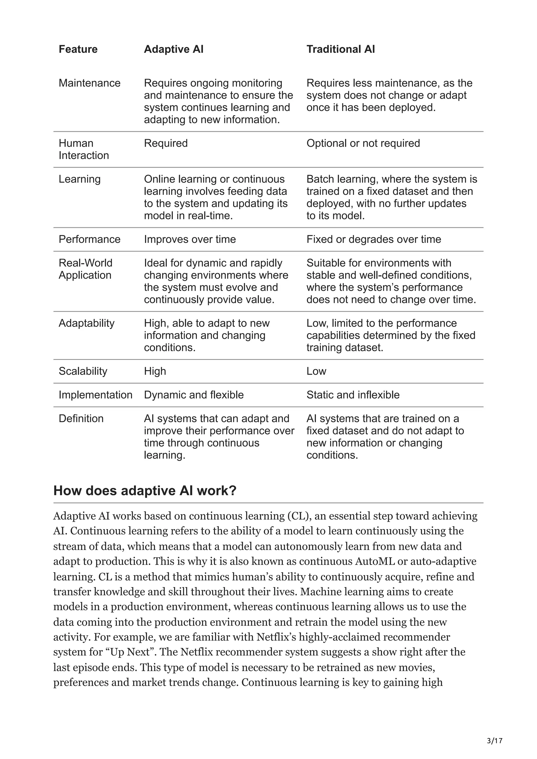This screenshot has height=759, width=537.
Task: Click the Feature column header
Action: point(78,49)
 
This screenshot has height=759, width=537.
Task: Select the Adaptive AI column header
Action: point(173,49)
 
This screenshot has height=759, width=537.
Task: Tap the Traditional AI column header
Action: point(340,49)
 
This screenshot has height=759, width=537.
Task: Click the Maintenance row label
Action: point(89,83)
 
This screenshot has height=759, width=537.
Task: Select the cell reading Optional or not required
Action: point(363,143)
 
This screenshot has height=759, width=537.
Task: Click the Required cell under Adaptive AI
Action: point(165,143)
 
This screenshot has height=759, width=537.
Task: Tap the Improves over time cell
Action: point(190,239)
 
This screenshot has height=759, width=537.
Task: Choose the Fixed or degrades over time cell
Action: point(374,239)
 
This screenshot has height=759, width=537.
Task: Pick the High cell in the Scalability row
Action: point(155,371)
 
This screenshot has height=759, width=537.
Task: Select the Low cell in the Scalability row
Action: point(316,371)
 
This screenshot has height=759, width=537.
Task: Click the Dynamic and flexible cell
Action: point(194,395)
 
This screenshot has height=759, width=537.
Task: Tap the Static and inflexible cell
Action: point(353,395)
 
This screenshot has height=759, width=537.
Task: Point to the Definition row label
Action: point(81,419)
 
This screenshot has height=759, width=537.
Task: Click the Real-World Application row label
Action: point(85,269)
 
